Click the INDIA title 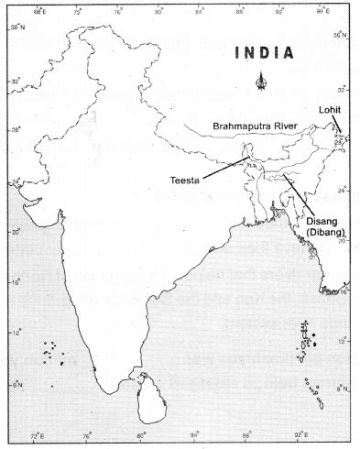pos(265,52)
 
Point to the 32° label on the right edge pos(343,90)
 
